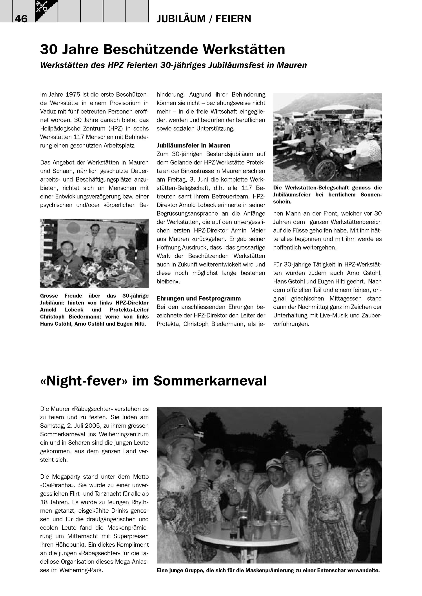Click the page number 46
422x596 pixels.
[21, 19]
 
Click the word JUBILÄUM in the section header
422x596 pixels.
[181, 19]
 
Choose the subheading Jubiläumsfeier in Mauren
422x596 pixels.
[193, 145]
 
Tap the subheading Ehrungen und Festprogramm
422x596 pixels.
[198, 298]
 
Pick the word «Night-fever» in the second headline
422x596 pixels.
[84, 381]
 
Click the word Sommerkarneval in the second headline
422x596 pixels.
[210, 381]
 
